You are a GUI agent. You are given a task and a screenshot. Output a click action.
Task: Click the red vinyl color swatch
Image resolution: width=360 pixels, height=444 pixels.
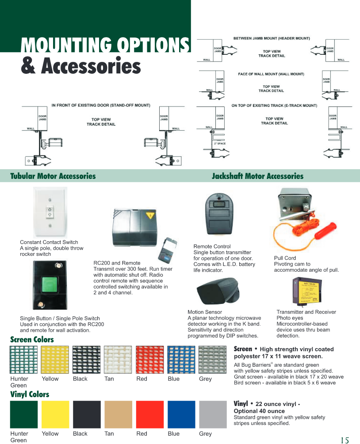click(150, 414)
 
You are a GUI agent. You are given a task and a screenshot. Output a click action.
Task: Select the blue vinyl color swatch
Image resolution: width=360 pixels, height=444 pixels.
click(181, 414)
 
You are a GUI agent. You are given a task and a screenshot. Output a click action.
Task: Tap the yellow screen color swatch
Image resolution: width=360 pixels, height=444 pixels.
click(55, 360)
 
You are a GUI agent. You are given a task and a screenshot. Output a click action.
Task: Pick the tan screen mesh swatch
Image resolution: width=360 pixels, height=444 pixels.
click(118, 360)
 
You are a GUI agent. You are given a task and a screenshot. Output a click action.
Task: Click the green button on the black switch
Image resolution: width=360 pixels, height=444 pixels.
click(49, 285)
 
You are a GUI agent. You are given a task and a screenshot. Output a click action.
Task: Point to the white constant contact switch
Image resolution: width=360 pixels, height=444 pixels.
click(50, 213)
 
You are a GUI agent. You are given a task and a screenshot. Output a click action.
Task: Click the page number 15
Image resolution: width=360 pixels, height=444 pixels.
click(345, 440)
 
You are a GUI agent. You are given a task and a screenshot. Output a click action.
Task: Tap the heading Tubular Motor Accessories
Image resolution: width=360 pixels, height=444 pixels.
click(53, 176)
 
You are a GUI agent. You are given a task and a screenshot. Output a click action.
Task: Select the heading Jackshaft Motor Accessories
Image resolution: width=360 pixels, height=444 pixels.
click(257, 176)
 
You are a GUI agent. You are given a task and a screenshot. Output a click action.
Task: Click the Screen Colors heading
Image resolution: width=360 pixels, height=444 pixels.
click(32, 340)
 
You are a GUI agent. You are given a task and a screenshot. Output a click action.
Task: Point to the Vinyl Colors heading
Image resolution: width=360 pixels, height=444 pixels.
click(30, 394)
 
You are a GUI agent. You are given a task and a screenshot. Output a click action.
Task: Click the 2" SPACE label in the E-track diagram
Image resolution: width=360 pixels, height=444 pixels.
click(220, 144)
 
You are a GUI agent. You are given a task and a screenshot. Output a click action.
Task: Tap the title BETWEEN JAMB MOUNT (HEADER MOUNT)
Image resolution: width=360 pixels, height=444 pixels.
click(272, 38)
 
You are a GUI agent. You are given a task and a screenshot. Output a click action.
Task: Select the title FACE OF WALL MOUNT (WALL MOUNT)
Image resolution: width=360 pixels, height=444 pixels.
click(271, 74)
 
